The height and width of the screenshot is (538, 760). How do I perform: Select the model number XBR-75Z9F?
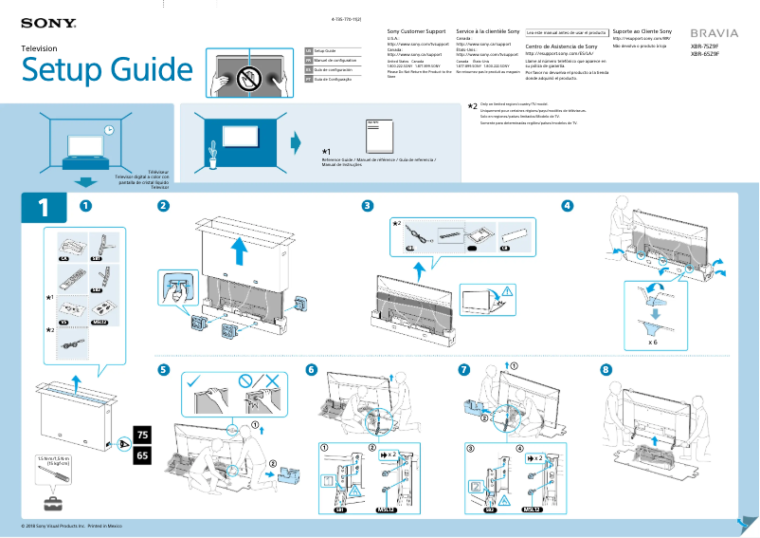click(x=704, y=46)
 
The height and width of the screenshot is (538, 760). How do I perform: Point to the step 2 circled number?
click(x=164, y=206)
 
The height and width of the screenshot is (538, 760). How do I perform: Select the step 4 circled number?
click(x=568, y=206)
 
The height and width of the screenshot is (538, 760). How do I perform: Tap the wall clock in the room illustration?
click(x=109, y=130)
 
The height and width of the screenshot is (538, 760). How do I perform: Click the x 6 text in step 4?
click(x=653, y=341)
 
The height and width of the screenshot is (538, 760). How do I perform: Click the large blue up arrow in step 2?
click(x=242, y=250)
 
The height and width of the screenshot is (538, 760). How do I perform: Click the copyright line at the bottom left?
click(x=71, y=526)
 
